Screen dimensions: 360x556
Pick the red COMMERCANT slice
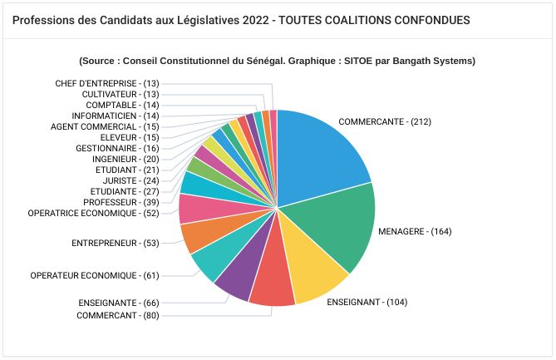pyautogui.click(x=272, y=289)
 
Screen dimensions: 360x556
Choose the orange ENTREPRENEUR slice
pyautogui.click(x=197, y=236)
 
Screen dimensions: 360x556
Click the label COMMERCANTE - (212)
pyautogui.click(x=385, y=121)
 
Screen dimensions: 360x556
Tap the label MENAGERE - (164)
pyautogui.click(x=415, y=231)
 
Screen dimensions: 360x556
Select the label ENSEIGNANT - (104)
pyautogui.click(x=367, y=302)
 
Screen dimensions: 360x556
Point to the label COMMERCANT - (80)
pyautogui.click(x=117, y=316)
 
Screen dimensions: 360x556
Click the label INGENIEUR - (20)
pyautogui.click(x=125, y=159)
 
